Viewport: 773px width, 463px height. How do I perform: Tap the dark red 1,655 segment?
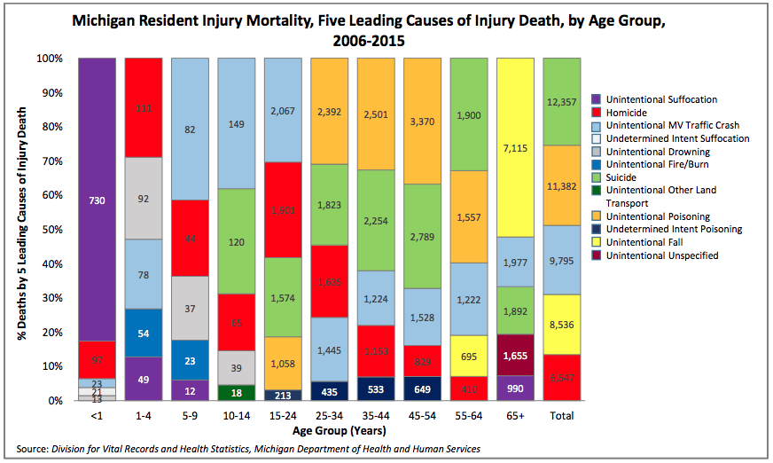point(514,355)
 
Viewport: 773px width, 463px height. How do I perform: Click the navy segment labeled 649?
point(422,388)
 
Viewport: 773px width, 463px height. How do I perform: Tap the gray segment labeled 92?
point(143,198)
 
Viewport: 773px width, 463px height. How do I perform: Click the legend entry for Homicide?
point(621,113)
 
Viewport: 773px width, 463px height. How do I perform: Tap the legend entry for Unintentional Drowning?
point(645,152)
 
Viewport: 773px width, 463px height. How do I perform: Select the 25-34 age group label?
point(329,415)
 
